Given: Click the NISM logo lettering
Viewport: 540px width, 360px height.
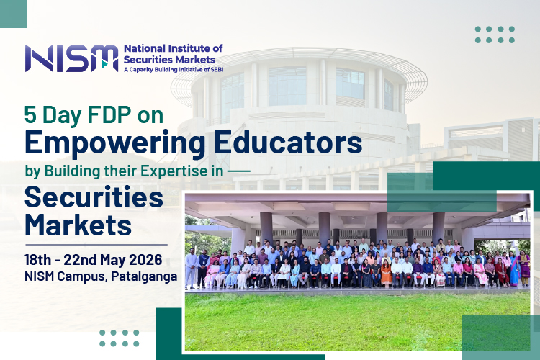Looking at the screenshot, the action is pyautogui.click(x=71, y=58).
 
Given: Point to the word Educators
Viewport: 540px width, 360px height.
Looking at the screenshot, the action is pyautogui.click(x=288, y=142).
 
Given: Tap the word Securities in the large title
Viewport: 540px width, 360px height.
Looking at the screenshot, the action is pyautogui.click(x=94, y=197).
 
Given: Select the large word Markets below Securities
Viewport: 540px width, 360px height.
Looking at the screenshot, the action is pyautogui.click(x=78, y=225).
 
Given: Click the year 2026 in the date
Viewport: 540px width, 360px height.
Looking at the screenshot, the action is pyautogui.click(x=145, y=260).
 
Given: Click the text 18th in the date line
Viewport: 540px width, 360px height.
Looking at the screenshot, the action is pyautogui.click(x=37, y=260).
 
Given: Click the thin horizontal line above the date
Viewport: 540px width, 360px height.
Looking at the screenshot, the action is pyautogui.click(x=96, y=245).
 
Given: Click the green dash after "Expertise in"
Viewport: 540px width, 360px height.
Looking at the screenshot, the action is pyautogui.click(x=239, y=171).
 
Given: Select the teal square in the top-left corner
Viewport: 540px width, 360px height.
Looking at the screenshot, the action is pyautogui.click(x=13, y=14).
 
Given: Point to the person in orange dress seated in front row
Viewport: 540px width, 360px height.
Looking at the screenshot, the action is pyautogui.click(x=386, y=273).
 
